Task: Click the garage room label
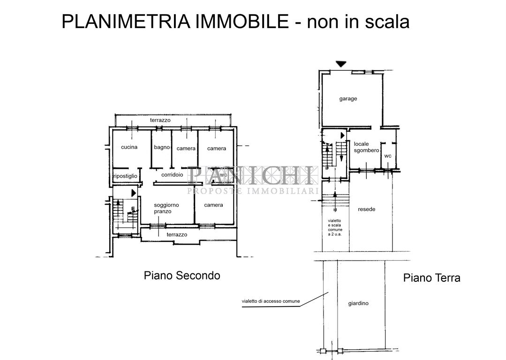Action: click(348, 99)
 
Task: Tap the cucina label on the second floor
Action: click(129, 147)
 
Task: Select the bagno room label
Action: click(161, 147)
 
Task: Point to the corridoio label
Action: click(172, 174)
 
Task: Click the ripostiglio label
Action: click(125, 176)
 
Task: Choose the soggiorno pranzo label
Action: click(166, 208)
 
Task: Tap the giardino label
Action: click(358, 303)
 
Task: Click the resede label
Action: click(366, 209)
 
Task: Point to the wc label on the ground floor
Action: click(387, 156)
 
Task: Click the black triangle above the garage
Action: click(341, 64)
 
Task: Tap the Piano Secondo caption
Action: click(181, 276)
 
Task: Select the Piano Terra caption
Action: click(431, 278)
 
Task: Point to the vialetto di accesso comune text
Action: click(271, 301)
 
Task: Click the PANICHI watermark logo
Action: click(253, 176)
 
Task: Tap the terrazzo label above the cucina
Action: click(160, 120)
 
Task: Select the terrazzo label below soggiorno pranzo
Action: click(177, 234)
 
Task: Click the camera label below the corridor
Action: click(213, 205)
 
